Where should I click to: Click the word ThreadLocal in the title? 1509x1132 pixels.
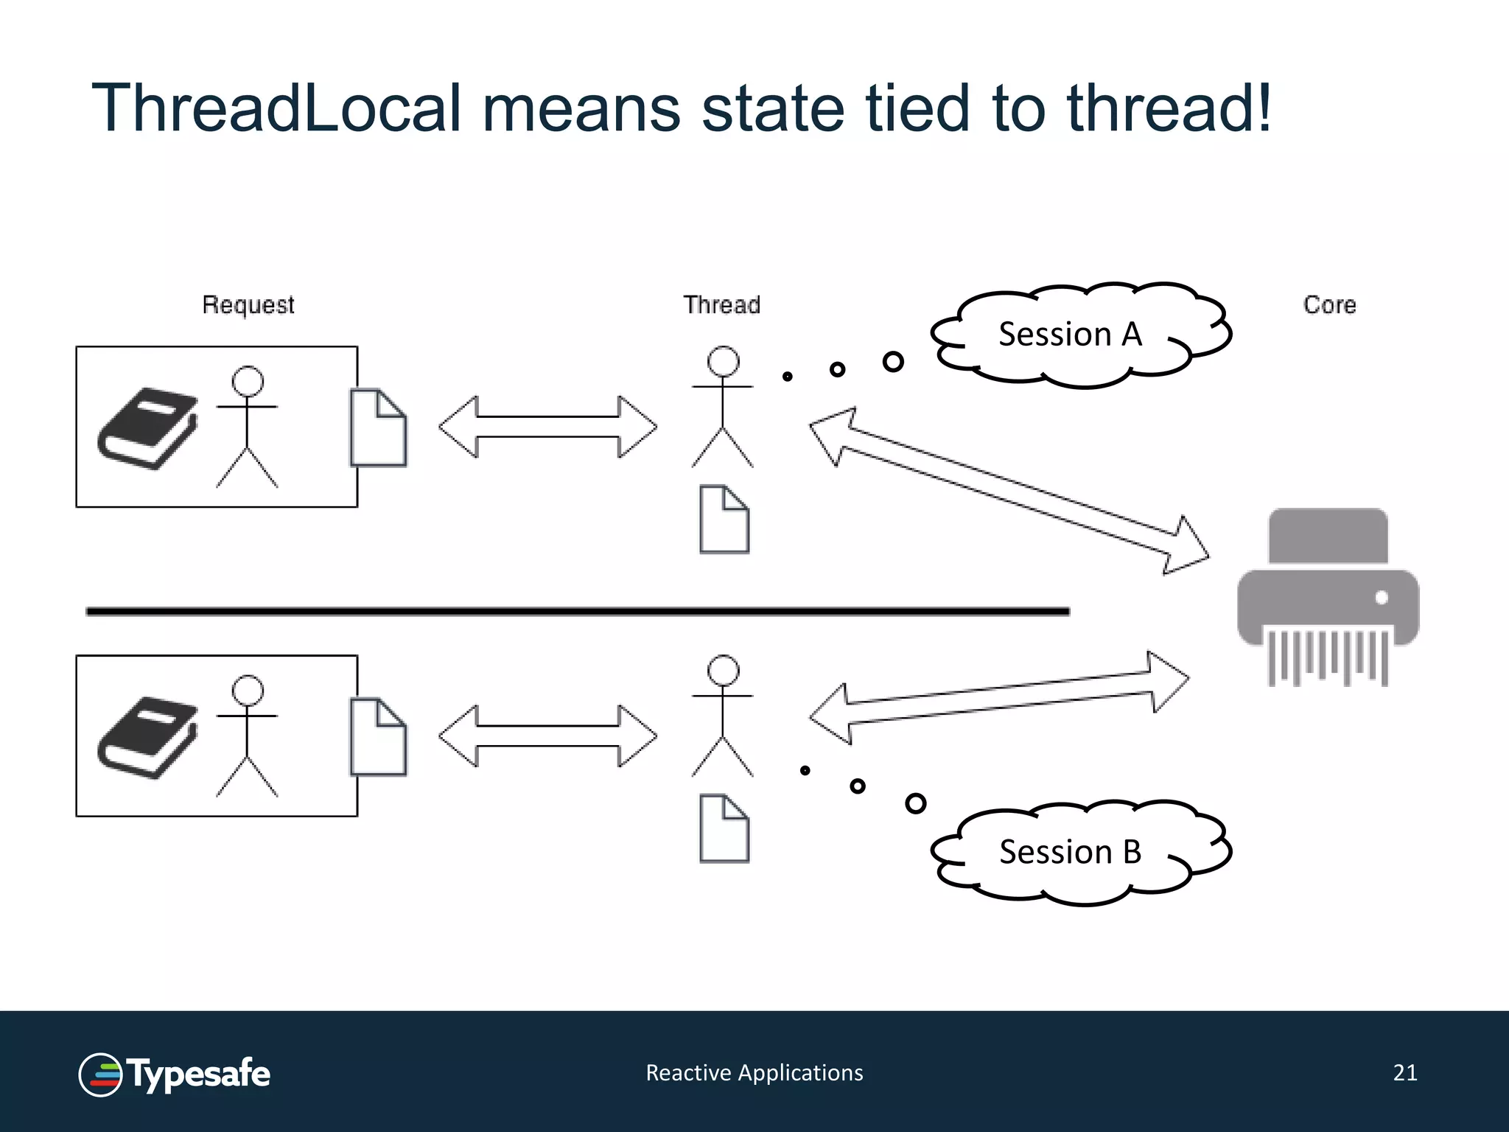tap(276, 108)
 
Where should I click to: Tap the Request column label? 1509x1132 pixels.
tap(248, 305)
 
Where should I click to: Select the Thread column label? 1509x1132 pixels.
tap(721, 305)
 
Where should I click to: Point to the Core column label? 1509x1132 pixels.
tap(1329, 305)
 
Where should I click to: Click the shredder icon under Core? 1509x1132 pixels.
tap(1328, 597)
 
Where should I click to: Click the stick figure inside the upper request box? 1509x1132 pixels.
tap(248, 427)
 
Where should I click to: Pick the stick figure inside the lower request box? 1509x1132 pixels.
tap(248, 737)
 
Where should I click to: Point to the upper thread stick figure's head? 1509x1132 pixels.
tap(723, 362)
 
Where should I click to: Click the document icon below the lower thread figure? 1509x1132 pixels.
tap(724, 828)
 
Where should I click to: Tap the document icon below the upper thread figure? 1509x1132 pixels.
tap(724, 520)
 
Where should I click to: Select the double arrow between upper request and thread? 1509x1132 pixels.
tap(547, 427)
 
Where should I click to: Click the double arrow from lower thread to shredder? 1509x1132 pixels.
tap(998, 698)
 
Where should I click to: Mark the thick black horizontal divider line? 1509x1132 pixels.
tap(578, 611)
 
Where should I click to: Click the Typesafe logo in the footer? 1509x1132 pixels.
tap(175, 1075)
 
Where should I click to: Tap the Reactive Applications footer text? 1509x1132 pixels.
tap(754, 1073)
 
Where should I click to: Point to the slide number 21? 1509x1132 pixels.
tap(1405, 1073)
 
